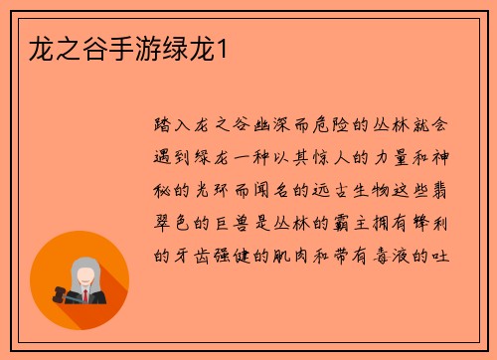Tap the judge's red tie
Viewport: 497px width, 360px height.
pyautogui.click(x=86, y=294)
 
